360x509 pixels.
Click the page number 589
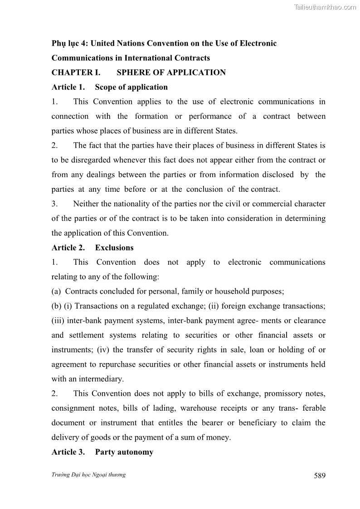[319, 475]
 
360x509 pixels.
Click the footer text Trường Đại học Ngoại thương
[88, 475]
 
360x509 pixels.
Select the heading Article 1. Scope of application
[110, 87]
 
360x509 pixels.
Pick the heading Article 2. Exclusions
[92, 247]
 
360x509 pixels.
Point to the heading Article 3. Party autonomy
[102, 452]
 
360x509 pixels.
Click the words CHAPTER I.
[76, 73]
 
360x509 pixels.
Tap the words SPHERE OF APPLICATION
[171, 73]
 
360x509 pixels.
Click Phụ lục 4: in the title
[70, 44]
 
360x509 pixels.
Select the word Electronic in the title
[257, 44]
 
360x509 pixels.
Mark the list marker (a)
[57, 291]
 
